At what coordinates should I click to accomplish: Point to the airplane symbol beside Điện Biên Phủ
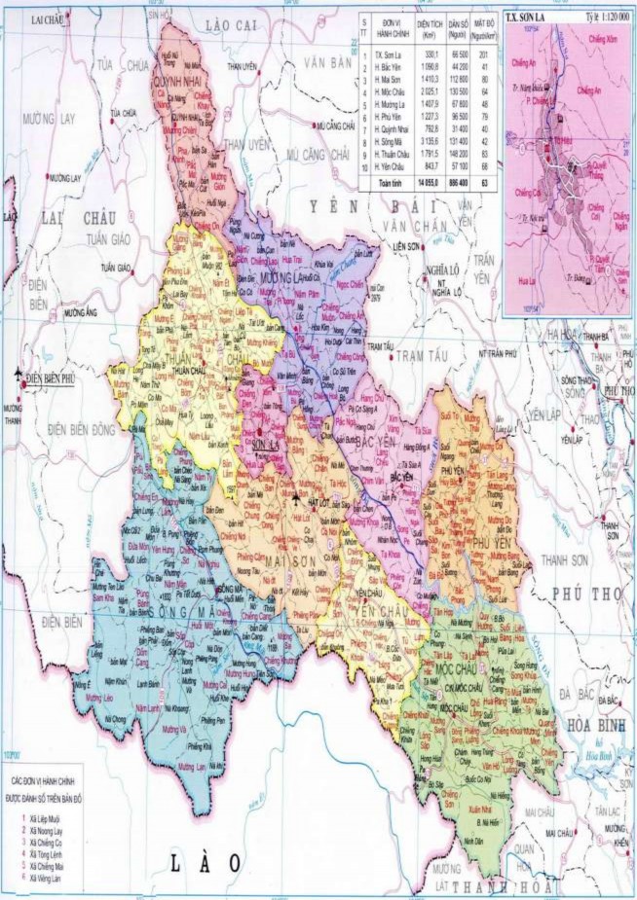coord(19,374)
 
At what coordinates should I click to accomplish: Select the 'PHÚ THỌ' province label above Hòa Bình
coord(583,594)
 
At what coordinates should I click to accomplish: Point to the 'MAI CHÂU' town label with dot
coord(560,834)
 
